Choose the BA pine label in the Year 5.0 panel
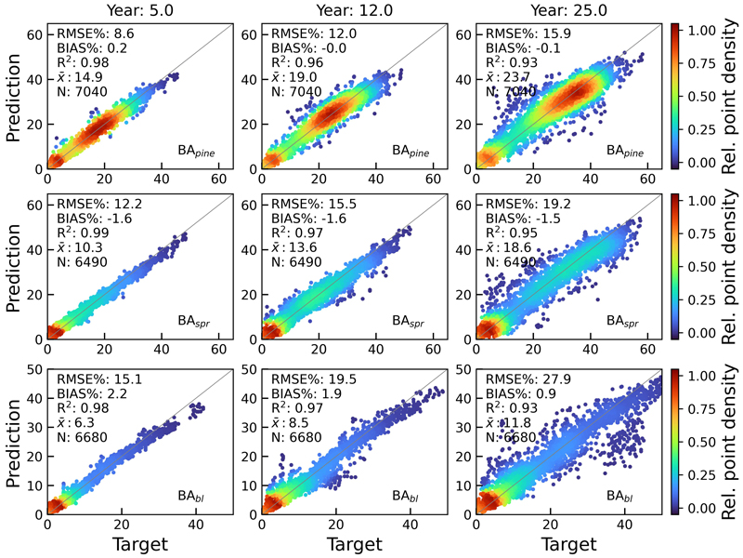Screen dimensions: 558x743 (199, 149)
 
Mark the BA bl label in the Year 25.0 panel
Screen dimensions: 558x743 (616, 494)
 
